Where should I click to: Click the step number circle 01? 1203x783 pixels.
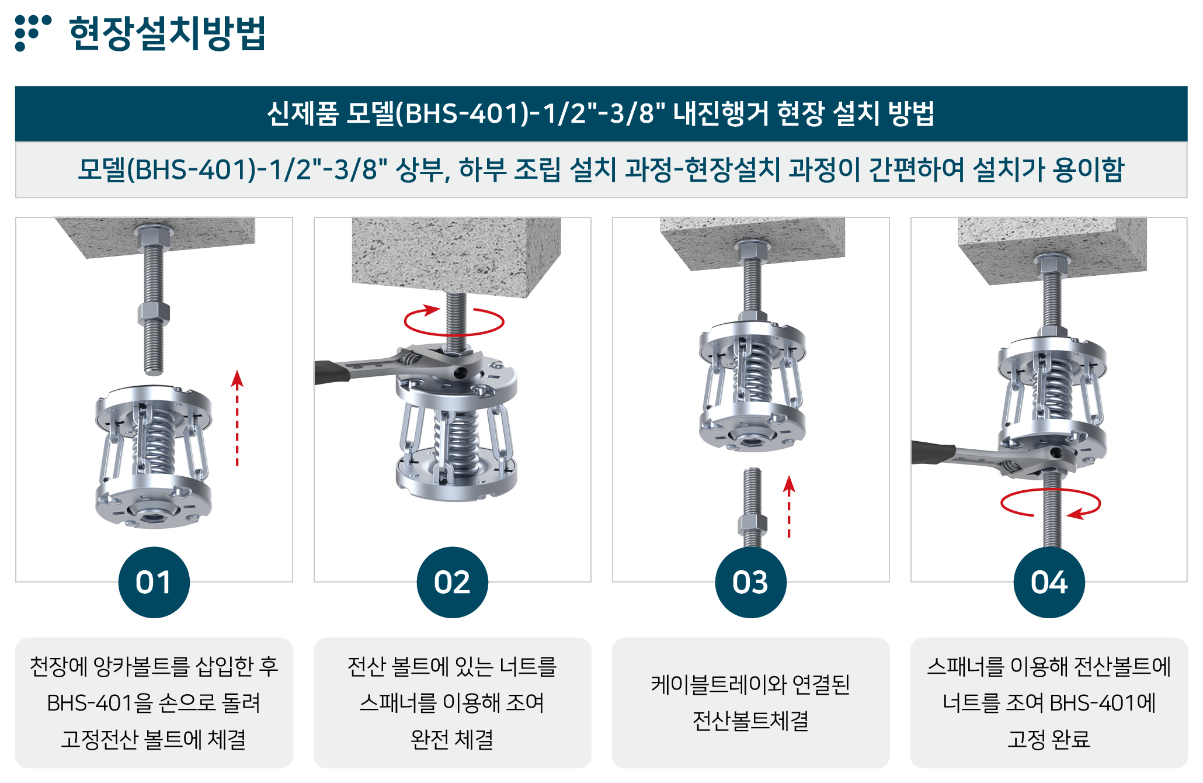click(154, 582)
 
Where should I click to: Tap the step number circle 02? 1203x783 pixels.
click(452, 582)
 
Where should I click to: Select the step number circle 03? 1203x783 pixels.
click(750, 582)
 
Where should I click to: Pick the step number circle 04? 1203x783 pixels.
click(1049, 582)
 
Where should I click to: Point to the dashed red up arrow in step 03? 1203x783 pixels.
click(789, 507)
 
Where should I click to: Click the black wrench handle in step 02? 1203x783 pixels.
click(331, 372)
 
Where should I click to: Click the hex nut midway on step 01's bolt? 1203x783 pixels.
click(154, 314)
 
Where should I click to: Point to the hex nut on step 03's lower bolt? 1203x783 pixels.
click(752, 524)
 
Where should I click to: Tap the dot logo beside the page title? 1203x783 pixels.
click(33, 33)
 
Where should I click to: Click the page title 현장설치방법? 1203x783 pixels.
click(168, 33)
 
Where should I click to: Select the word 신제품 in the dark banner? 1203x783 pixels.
click(303, 113)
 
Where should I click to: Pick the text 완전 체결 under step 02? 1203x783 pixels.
click(452, 740)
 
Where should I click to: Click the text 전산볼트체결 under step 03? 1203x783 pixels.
click(750, 721)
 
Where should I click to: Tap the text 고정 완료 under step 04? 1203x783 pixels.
click(1049, 740)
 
